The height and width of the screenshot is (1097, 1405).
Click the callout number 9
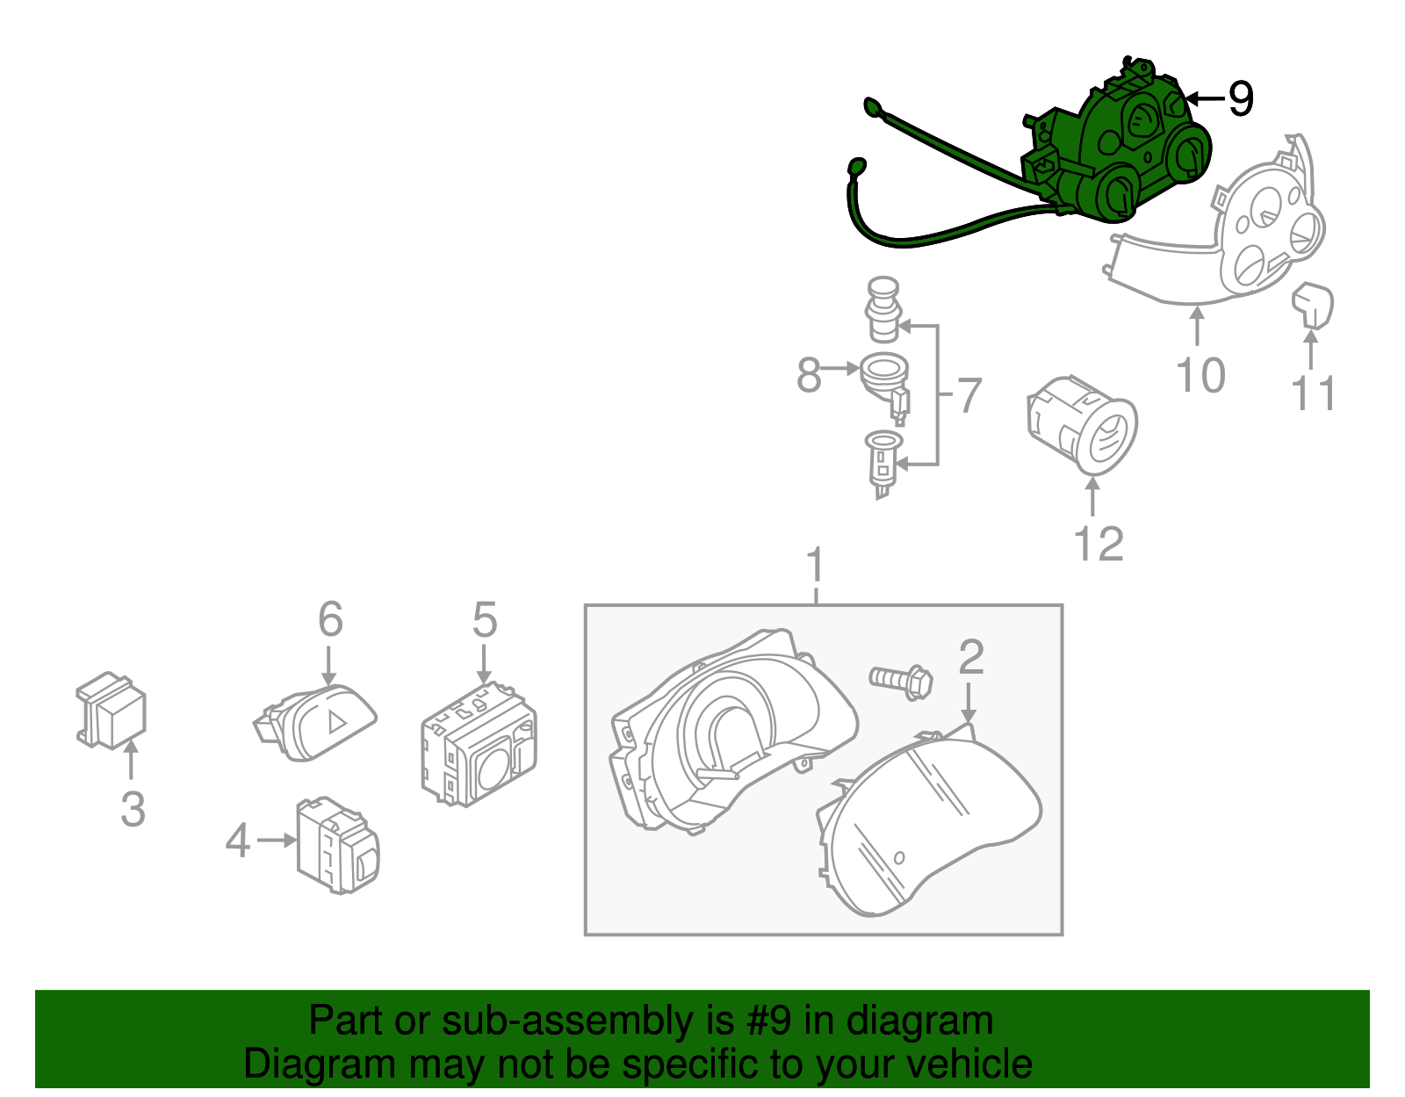(x=1240, y=98)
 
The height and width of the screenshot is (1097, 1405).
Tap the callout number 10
(x=1200, y=376)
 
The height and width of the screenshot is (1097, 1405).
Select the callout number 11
(x=1313, y=393)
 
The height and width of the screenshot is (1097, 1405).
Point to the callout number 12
(x=1099, y=544)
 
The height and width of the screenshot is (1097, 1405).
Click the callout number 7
(x=968, y=395)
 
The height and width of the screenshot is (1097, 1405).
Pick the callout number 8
(x=808, y=375)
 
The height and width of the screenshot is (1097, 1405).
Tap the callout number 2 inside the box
(x=970, y=657)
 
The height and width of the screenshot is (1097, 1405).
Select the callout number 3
(x=133, y=808)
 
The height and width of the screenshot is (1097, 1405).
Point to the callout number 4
(x=237, y=841)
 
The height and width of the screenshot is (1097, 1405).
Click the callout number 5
(x=484, y=620)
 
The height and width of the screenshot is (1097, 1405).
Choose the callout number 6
(x=329, y=620)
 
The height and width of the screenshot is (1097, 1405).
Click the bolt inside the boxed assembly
(x=901, y=680)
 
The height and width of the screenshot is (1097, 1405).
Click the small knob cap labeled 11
(x=1313, y=303)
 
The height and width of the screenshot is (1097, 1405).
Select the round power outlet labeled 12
(x=1084, y=426)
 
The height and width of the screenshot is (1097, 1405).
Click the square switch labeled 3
(x=112, y=711)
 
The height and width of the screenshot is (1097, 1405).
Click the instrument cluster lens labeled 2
(x=931, y=826)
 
